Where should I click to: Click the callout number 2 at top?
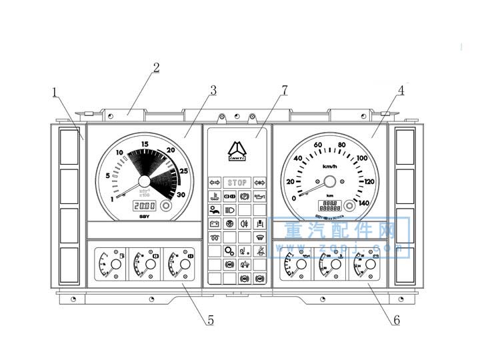156,68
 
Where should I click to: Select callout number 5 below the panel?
211,320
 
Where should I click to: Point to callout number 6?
397,320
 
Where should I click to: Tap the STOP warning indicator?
237,183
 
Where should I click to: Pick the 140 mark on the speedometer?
363,203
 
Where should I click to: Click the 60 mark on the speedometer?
317,145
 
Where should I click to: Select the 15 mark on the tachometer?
144,144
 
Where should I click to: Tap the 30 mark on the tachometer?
180,195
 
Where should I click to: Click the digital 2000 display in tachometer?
144,206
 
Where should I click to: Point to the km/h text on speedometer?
329,166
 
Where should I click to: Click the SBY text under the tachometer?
144,217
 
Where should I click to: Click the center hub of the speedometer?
329,181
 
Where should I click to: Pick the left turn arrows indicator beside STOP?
215,183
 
